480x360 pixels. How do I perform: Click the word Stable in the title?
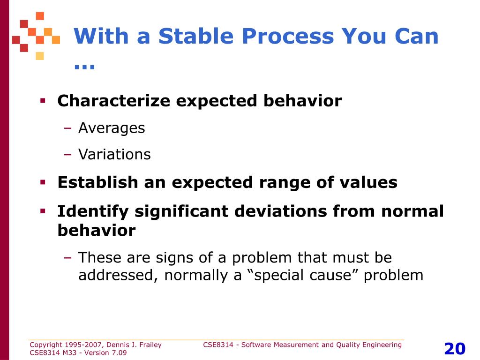click(x=196, y=36)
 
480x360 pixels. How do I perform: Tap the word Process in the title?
click(x=288, y=36)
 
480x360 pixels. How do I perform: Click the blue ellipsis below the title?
click(x=84, y=67)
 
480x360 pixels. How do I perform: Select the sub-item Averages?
click(x=112, y=128)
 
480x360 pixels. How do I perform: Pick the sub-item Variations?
click(x=114, y=154)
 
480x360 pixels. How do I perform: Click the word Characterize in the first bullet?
click(x=113, y=101)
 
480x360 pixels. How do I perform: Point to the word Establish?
click(x=97, y=182)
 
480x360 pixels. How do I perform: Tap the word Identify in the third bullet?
click(x=93, y=212)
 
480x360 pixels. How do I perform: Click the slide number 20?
click(x=455, y=348)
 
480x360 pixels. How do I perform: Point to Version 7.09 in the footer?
click(x=105, y=352)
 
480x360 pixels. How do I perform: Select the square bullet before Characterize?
click(x=43, y=100)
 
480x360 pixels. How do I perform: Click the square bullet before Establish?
click(x=43, y=182)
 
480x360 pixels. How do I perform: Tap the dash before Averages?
click(x=67, y=128)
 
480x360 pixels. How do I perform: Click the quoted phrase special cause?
click(x=303, y=275)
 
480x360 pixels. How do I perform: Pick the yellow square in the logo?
click(x=40, y=56)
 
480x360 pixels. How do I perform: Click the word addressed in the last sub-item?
click(x=118, y=275)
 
